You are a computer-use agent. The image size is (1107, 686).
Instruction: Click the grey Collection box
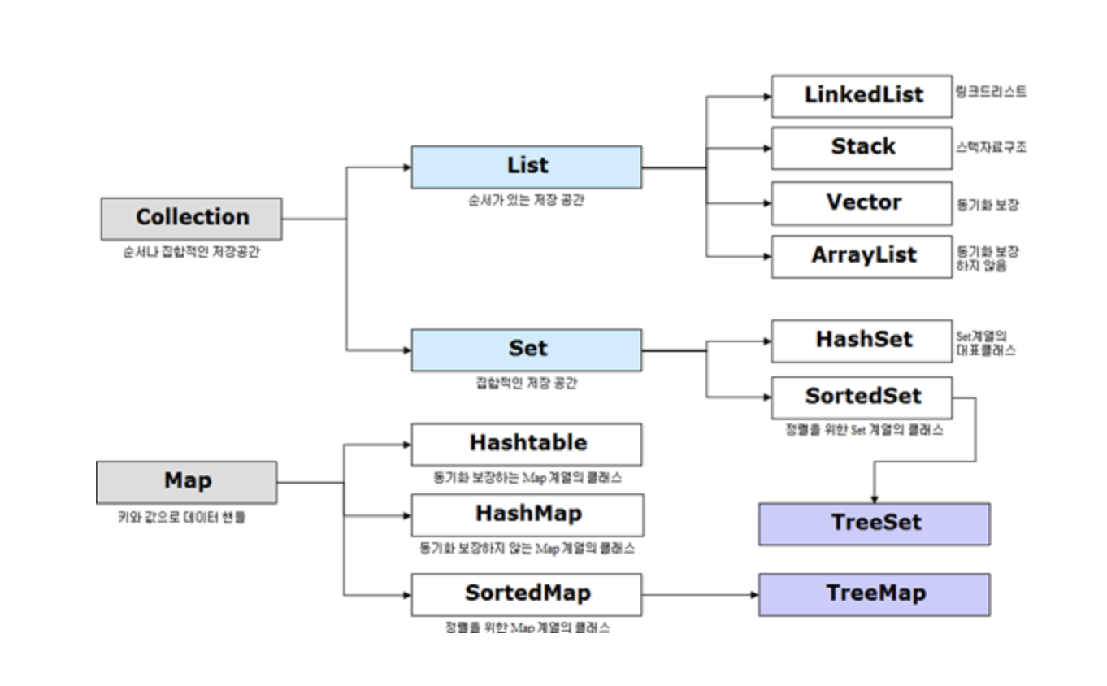point(191,219)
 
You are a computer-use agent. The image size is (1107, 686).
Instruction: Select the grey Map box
point(186,482)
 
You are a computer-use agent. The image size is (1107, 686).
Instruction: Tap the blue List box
point(526,167)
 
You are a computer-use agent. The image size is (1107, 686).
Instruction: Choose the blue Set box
point(526,350)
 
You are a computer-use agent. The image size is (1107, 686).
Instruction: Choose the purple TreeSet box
point(874,523)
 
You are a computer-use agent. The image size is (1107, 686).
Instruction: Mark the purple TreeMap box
point(874,594)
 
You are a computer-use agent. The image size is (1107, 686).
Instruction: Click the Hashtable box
point(526,444)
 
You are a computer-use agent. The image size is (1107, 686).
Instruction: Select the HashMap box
point(527,514)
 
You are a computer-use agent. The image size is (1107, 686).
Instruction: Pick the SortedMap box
point(526,594)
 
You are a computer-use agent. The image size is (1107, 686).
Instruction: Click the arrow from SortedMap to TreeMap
point(699,594)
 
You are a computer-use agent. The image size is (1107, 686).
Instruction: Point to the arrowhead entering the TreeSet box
point(874,497)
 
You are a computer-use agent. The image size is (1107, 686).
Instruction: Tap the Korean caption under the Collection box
point(191,252)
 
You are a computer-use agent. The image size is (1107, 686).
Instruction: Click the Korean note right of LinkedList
point(991,92)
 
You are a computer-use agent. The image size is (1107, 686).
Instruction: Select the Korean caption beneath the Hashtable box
point(527,478)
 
